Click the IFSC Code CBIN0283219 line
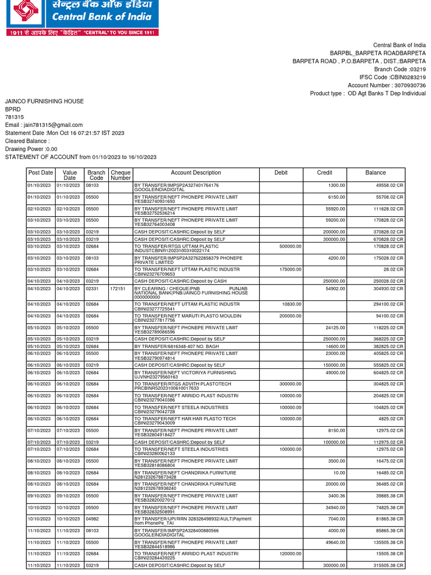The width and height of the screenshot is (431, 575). click(392, 77)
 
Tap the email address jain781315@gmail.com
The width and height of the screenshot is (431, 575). click(44, 125)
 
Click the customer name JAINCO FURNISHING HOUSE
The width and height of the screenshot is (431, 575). click(44, 101)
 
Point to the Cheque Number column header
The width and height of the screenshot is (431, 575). click(120, 175)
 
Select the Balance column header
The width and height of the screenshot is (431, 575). click(375, 173)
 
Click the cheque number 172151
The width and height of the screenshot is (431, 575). click(118, 288)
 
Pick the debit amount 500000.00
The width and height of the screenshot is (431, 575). click(290, 245)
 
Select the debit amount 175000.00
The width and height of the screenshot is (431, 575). click(290, 269)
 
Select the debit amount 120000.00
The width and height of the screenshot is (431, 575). click(290, 554)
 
